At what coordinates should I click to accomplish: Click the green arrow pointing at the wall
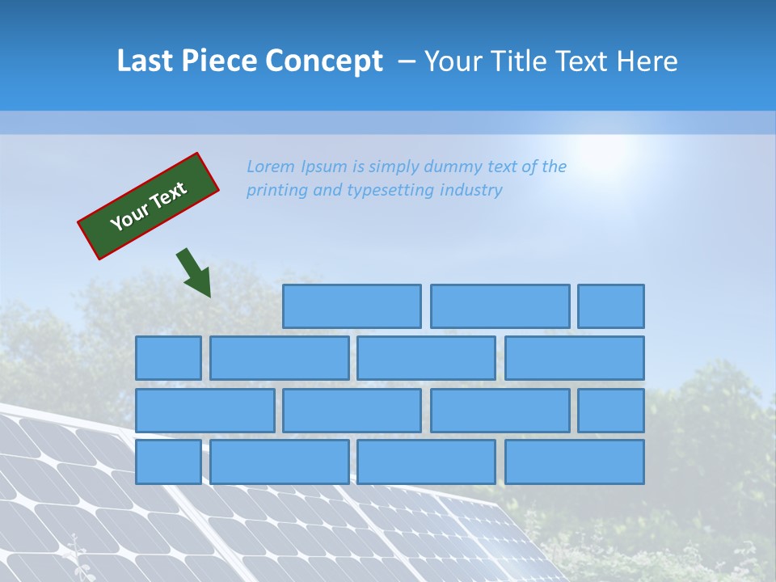(195, 272)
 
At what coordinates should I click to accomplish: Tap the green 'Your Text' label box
(149, 205)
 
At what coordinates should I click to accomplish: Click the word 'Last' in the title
(145, 61)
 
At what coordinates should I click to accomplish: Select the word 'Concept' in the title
(325, 61)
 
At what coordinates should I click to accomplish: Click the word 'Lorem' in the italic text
(271, 167)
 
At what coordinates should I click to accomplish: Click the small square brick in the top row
(611, 306)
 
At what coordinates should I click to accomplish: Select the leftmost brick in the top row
(352, 306)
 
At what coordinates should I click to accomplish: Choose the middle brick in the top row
(500, 306)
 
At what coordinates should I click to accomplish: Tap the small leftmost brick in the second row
(168, 358)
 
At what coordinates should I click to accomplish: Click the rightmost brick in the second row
(575, 358)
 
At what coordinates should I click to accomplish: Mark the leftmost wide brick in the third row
(205, 411)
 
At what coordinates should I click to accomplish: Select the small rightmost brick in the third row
(611, 411)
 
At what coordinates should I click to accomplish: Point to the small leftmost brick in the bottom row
(168, 462)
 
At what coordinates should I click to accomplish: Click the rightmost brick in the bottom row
(575, 462)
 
